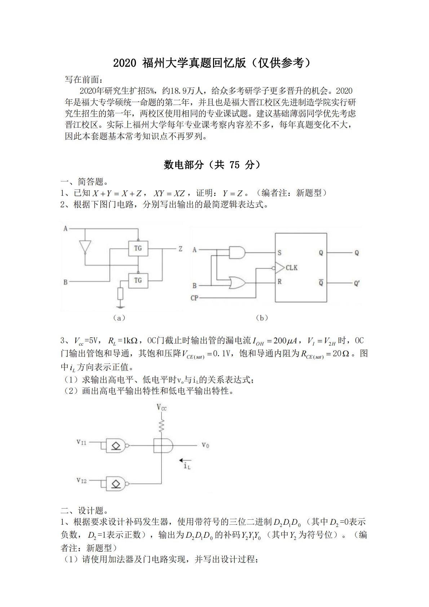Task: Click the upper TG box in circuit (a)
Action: [138, 248]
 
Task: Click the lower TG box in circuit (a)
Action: [138, 280]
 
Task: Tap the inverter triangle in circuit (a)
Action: [85, 246]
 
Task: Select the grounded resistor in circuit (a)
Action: [121, 294]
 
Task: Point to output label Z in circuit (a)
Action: [180, 248]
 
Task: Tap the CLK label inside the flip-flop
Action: [291, 268]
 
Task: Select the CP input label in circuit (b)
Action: [194, 298]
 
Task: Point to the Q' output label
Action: [357, 283]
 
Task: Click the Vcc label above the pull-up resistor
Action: [162, 408]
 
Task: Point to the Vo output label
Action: [205, 445]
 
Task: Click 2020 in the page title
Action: [125, 63]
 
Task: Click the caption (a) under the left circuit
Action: [119, 318]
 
